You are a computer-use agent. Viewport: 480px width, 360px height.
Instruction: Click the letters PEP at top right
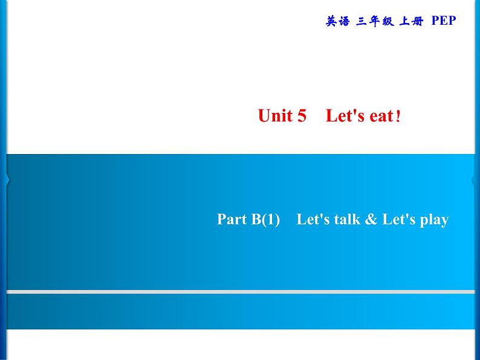coord(444,21)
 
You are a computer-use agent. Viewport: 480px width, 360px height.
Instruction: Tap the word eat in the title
coord(381,116)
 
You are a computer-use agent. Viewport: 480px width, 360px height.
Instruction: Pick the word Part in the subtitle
coord(232,219)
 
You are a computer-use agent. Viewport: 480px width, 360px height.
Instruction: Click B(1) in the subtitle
coord(265,219)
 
